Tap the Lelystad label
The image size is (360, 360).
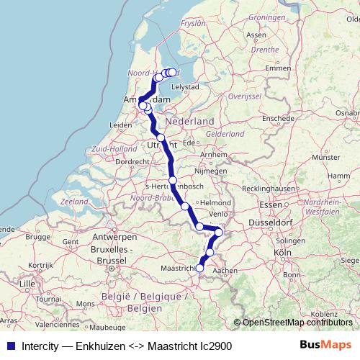pos(184,86)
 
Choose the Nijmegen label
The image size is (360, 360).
pos(212,172)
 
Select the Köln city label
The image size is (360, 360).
pos(282,253)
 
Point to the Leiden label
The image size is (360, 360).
pos(120,125)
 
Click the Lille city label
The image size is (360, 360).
pos(27,284)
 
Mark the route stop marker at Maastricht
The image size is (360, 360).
pos(199,269)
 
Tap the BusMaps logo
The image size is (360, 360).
pos(325,345)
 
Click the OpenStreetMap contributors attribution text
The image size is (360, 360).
pos(298,323)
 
